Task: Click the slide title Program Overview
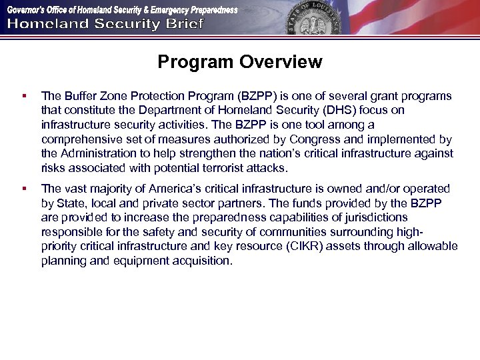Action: (x=239, y=63)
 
